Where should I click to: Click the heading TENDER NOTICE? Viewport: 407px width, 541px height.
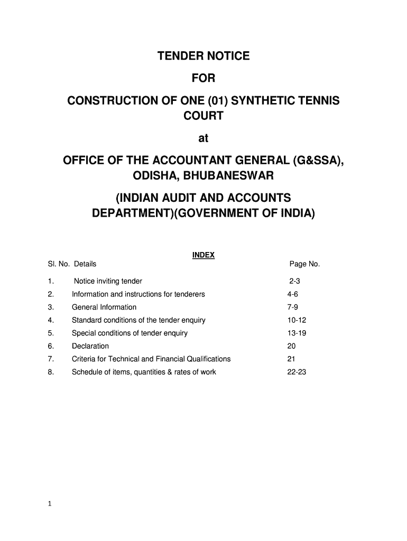(x=203, y=56)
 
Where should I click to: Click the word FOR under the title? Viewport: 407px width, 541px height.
(x=203, y=78)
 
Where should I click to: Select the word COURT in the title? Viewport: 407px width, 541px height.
(x=203, y=116)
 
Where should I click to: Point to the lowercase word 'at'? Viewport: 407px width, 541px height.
(x=203, y=138)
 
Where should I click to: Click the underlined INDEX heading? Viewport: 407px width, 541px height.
(x=203, y=255)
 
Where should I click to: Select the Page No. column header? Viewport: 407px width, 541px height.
(x=304, y=264)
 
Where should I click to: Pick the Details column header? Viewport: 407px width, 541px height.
(x=85, y=264)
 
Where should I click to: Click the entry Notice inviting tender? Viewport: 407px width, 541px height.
(x=108, y=281)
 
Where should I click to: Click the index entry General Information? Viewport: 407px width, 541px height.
(x=104, y=307)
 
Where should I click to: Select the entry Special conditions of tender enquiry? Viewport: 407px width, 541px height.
(x=129, y=333)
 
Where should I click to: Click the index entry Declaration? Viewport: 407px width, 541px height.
(x=90, y=346)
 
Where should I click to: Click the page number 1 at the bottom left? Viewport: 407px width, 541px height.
(x=49, y=505)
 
